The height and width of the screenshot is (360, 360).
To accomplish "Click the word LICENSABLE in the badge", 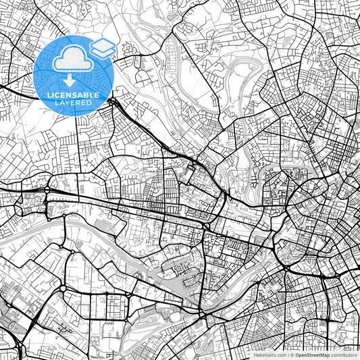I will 74,95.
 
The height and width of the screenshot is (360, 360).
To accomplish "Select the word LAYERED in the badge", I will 74,103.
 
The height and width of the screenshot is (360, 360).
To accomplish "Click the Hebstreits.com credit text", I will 268,354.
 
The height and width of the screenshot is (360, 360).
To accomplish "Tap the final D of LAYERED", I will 91,103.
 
